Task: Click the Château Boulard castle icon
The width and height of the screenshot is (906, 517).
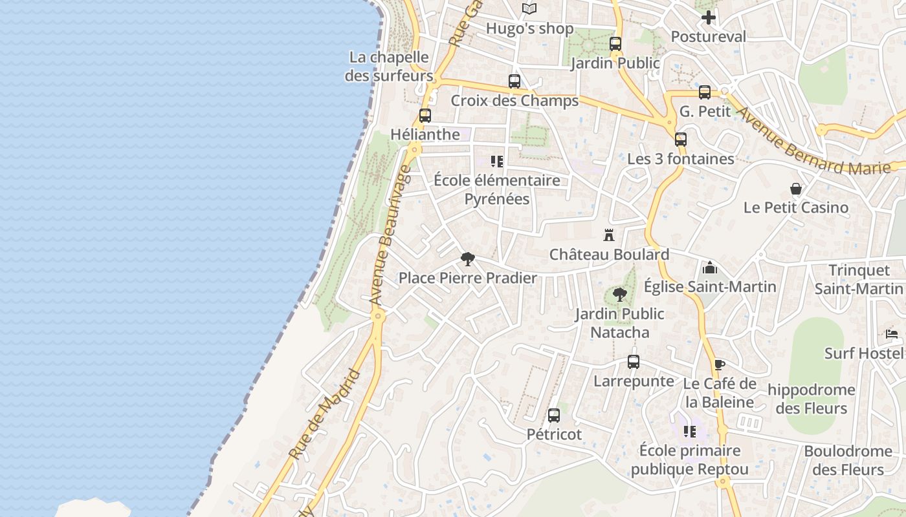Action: click(608, 235)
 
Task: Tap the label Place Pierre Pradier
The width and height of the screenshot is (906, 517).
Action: click(467, 279)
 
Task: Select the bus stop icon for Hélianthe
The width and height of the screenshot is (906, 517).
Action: click(425, 116)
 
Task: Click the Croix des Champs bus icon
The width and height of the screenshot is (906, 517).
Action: click(514, 81)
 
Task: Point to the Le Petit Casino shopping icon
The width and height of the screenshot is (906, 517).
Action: click(796, 189)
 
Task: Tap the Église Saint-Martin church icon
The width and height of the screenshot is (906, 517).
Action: click(710, 268)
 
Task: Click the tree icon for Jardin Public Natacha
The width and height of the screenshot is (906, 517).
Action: click(620, 295)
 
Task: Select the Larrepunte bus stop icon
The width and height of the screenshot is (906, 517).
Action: click(634, 362)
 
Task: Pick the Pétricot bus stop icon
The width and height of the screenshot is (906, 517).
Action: click(554, 416)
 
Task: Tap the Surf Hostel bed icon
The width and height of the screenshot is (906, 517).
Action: click(892, 334)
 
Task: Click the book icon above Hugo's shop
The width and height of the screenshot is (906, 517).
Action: click(529, 9)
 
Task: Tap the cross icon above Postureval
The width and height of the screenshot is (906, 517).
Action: click(709, 17)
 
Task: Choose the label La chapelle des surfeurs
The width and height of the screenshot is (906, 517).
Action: click(389, 66)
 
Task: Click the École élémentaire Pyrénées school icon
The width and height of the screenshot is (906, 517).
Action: click(496, 162)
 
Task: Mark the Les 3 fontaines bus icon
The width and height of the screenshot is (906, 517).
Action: click(681, 140)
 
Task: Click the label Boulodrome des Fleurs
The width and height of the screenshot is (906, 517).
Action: click(848, 460)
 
